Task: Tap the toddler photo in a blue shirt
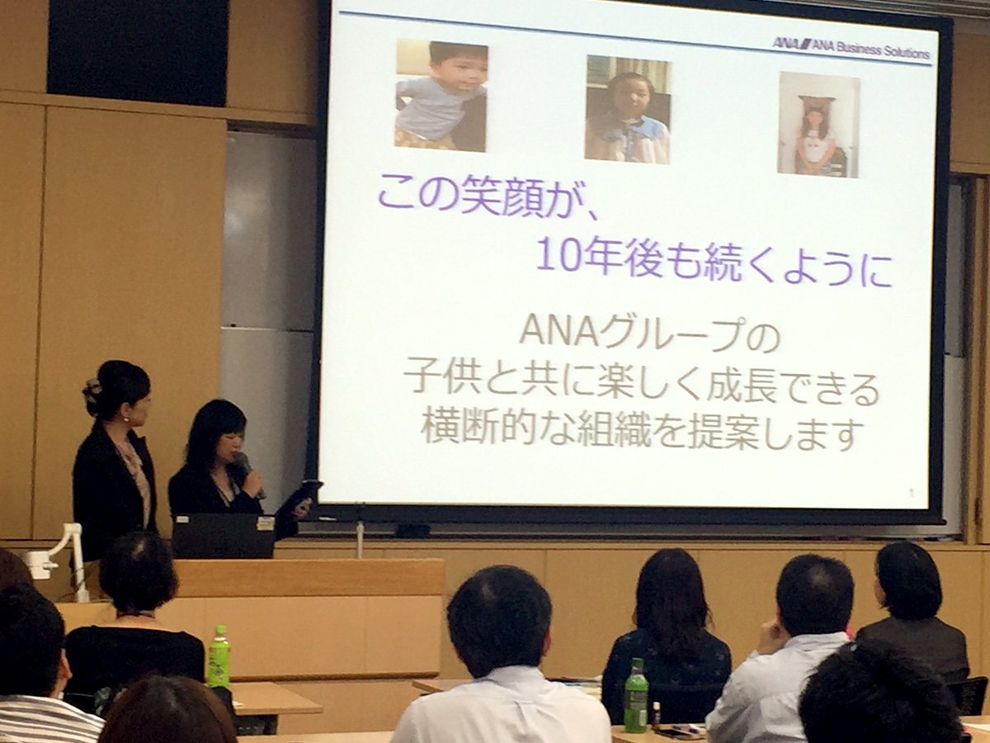[x=441, y=96]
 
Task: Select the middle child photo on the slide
[x=627, y=110]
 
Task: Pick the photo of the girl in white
[x=818, y=125]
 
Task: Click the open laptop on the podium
[x=224, y=536]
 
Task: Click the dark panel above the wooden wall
[x=138, y=52]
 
